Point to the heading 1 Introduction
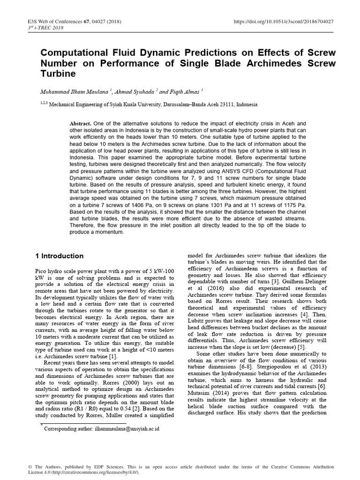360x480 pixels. [x=60, y=256]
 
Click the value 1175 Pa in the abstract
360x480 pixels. [x=296, y=205]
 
